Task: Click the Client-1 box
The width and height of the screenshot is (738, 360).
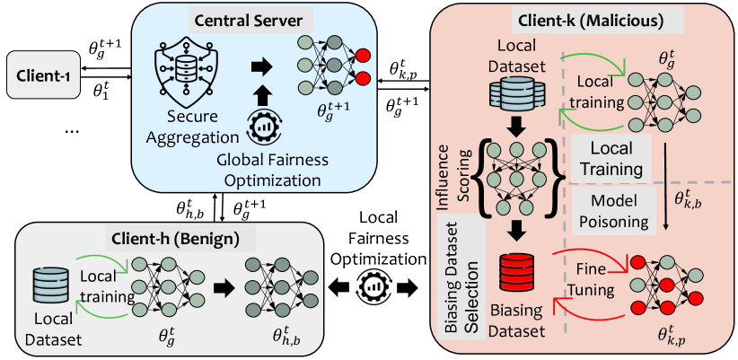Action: pos(43,75)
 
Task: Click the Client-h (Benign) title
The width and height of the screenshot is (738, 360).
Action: pos(171,239)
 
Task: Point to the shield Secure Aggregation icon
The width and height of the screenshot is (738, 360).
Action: pos(181,72)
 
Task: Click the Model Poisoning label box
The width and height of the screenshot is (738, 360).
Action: pos(606,210)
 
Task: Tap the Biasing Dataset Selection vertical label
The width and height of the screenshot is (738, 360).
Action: pos(461,277)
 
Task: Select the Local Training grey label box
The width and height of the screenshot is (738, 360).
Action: pos(612,159)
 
